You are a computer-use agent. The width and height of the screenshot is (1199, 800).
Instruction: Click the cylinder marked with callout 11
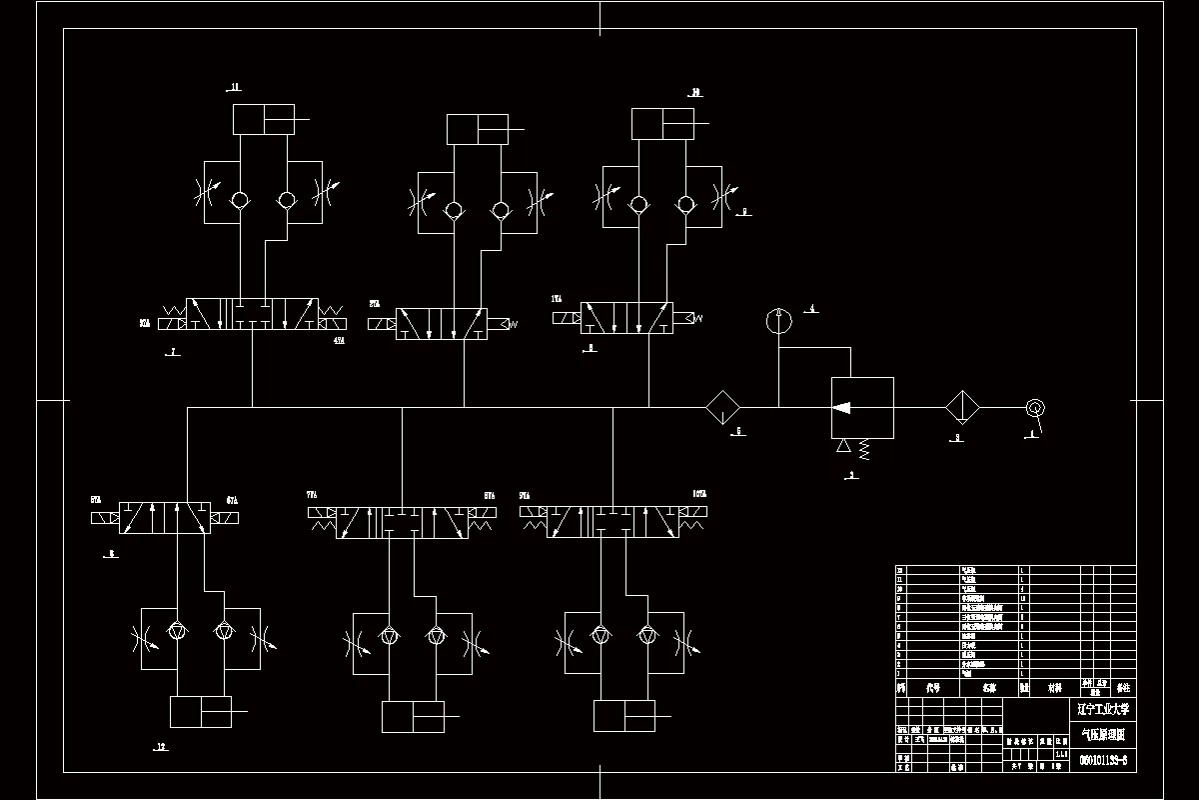(x=264, y=119)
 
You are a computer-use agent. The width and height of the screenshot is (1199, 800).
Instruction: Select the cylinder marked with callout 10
(x=663, y=124)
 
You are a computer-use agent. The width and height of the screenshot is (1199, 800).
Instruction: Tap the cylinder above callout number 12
(x=201, y=711)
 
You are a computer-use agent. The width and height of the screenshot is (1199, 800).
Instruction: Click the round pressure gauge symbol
(x=778, y=320)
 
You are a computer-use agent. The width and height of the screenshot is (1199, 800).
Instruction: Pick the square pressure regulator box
(x=862, y=407)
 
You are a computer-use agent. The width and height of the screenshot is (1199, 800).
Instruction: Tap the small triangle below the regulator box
(x=844, y=445)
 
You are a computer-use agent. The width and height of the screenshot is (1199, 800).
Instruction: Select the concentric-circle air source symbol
(x=1035, y=407)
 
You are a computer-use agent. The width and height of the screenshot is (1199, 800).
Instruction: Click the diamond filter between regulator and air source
(x=963, y=407)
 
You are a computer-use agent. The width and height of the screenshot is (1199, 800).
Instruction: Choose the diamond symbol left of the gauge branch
(x=722, y=407)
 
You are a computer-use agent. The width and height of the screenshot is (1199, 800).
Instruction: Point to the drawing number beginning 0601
(x=1103, y=760)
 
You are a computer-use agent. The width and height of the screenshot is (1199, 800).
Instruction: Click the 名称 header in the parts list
(x=988, y=688)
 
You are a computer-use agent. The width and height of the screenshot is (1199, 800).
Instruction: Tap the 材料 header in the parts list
(x=1053, y=688)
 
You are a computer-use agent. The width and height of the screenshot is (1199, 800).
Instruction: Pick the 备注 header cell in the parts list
(x=1123, y=688)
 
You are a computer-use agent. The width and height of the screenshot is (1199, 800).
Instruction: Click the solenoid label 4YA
(x=338, y=341)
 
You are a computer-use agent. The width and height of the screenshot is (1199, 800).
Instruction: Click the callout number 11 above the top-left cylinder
(x=235, y=88)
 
